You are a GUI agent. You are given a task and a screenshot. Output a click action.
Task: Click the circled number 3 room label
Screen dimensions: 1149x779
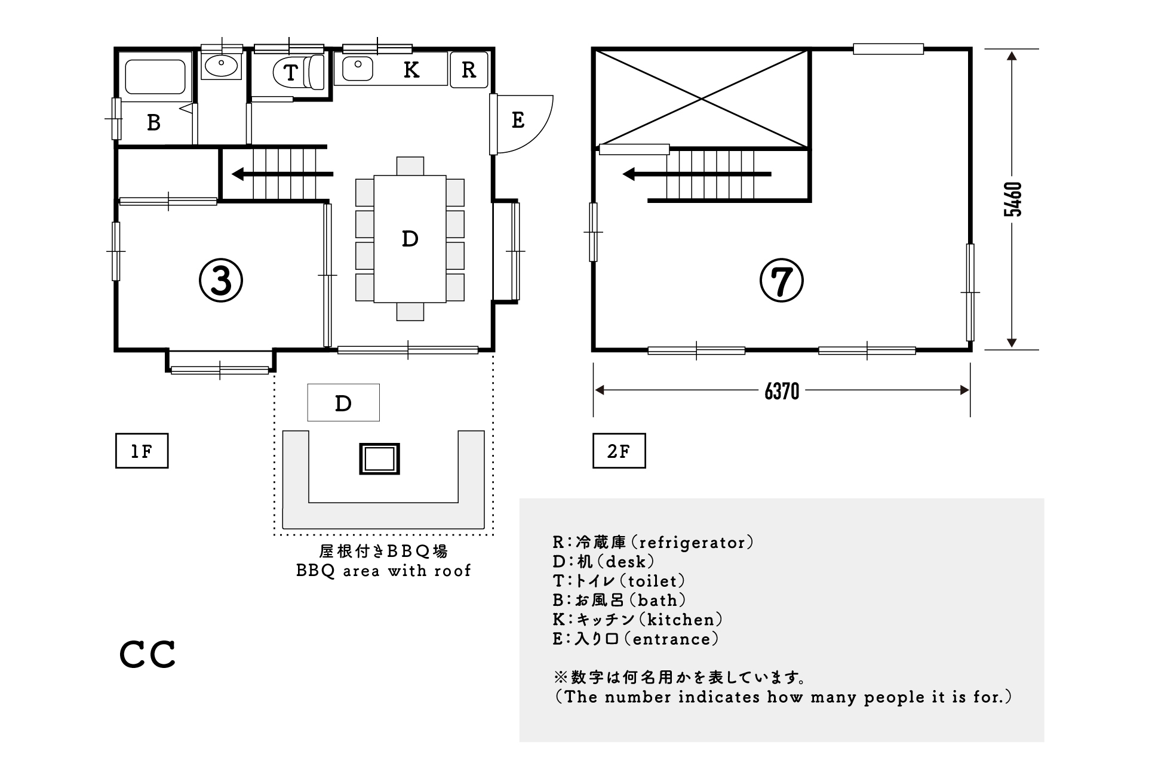[x=220, y=281]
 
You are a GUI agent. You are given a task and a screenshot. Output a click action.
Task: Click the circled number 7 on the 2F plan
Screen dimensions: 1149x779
[x=781, y=281]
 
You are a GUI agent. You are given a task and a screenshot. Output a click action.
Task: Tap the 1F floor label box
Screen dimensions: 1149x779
[x=142, y=451]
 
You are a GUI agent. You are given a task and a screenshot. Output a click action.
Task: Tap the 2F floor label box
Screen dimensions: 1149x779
[x=619, y=451]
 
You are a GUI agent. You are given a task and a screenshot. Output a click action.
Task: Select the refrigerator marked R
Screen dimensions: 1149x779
[x=469, y=70]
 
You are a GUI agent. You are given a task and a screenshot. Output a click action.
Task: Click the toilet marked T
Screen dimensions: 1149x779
[x=299, y=72]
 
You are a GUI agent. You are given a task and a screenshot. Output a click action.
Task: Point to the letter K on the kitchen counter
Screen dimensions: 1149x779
[x=411, y=70]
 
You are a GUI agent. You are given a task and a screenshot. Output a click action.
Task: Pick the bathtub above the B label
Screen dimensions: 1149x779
[x=155, y=77]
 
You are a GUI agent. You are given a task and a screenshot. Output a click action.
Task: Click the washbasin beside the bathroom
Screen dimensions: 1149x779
[x=222, y=65]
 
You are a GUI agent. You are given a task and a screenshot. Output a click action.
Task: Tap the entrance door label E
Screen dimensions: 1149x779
[x=518, y=120]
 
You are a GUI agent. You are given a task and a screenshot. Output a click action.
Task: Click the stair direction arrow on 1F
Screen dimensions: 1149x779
[x=282, y=174]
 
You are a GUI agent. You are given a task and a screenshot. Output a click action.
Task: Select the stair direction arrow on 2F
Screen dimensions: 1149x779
[x=696, y=174]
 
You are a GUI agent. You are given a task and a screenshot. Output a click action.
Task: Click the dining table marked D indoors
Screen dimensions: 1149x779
[x=410, y=239]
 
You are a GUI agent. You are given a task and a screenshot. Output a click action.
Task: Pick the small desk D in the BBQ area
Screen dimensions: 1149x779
[x=343, y=402]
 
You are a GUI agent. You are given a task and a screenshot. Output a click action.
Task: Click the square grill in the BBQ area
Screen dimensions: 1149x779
[x=379, y=459]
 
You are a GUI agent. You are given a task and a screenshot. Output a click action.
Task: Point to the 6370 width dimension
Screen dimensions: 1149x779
[x=782, y=391]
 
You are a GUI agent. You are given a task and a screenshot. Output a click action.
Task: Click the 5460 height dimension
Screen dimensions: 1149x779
[x=1012, y=199]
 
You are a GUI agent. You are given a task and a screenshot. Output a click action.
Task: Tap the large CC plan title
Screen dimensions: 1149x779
[x=148, y=655]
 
